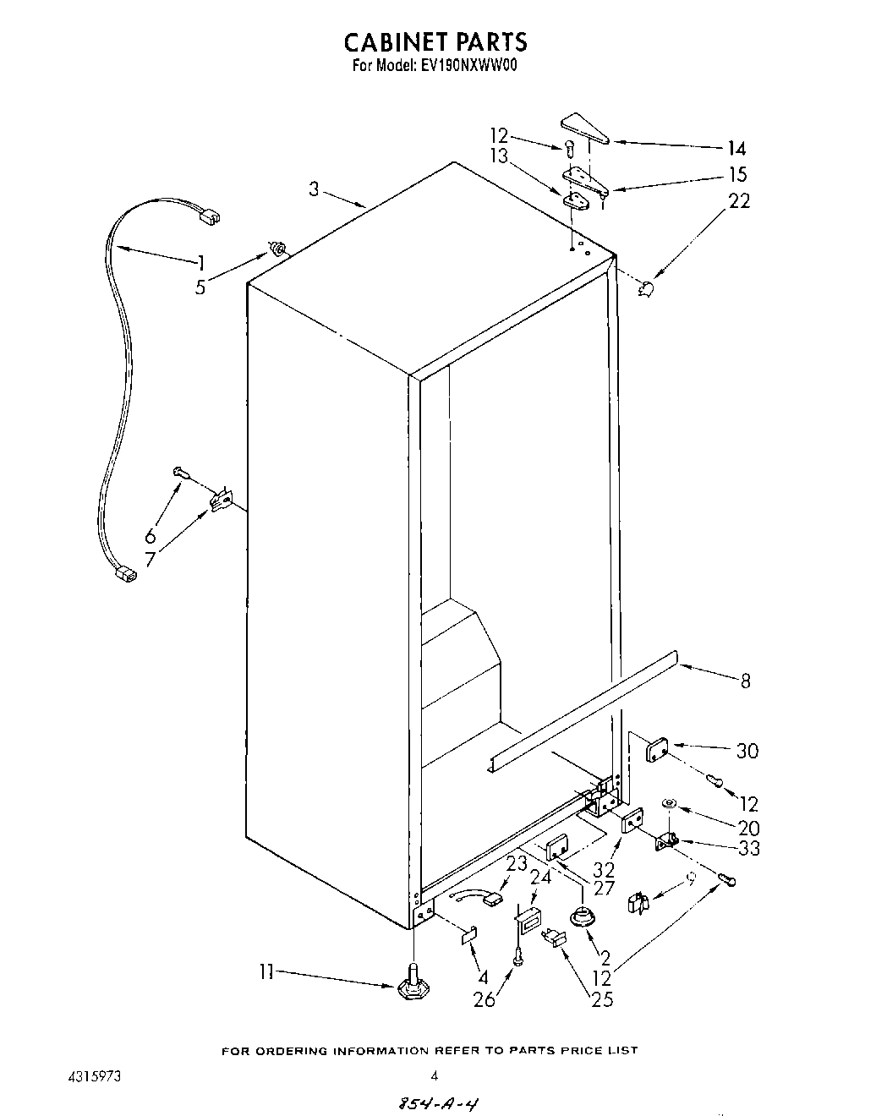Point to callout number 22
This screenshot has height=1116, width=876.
738,201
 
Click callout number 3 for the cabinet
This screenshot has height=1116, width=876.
314,189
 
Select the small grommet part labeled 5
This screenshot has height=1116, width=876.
276,248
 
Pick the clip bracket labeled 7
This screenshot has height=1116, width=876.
220,501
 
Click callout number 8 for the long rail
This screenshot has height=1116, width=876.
745,680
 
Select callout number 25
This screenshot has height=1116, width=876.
601,999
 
